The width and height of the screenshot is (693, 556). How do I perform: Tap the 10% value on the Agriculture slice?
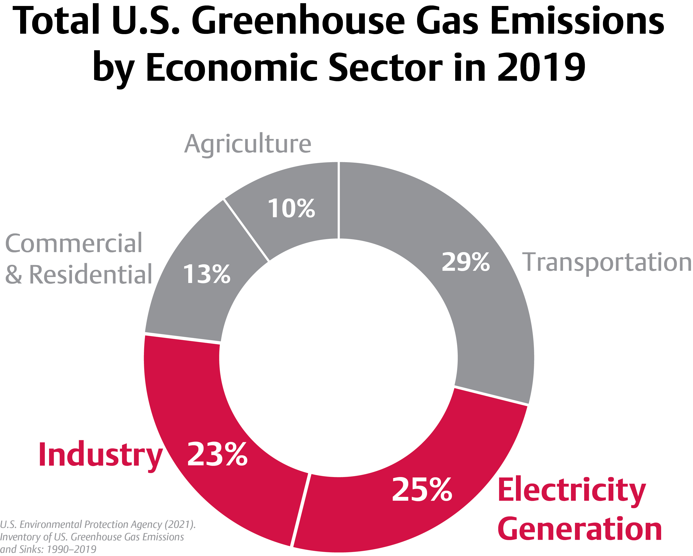click(291, 208)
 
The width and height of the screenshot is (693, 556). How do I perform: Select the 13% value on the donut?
click(206, 274)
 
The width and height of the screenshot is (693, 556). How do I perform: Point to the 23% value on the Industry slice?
click(217, 454)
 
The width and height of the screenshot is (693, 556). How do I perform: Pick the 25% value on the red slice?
click(422, 489)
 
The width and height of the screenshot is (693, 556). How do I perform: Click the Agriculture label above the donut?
click(248, 144)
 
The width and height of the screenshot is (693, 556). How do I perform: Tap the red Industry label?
click(100, 455)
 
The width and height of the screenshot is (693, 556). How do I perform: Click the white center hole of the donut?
click(338, 357)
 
